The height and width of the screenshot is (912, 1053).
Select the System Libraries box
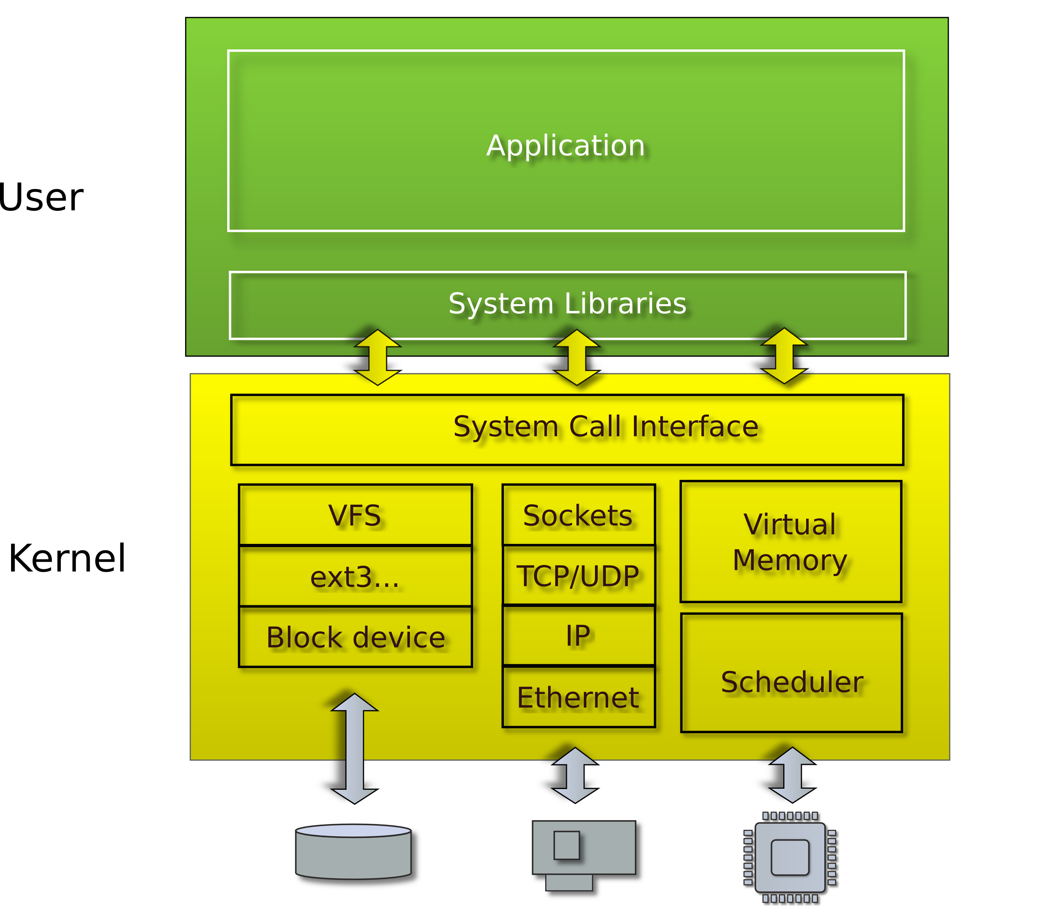(x=567, y=304)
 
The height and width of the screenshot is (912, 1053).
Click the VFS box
(x=355, y=515)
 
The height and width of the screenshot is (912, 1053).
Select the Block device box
(x=355, y=637)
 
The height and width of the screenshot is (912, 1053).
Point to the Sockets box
(x=578, y=515)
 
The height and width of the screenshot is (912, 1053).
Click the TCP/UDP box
(x=578, y=576)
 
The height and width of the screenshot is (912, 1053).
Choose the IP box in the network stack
(x=578, y=636)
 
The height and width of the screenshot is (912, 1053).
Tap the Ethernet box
(x=578, y=697)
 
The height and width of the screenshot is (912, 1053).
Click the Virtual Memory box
(x=790, y=541)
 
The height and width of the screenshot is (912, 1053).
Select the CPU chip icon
(x=790, y=857)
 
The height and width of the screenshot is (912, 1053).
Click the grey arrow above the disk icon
(x=355, y=748)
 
